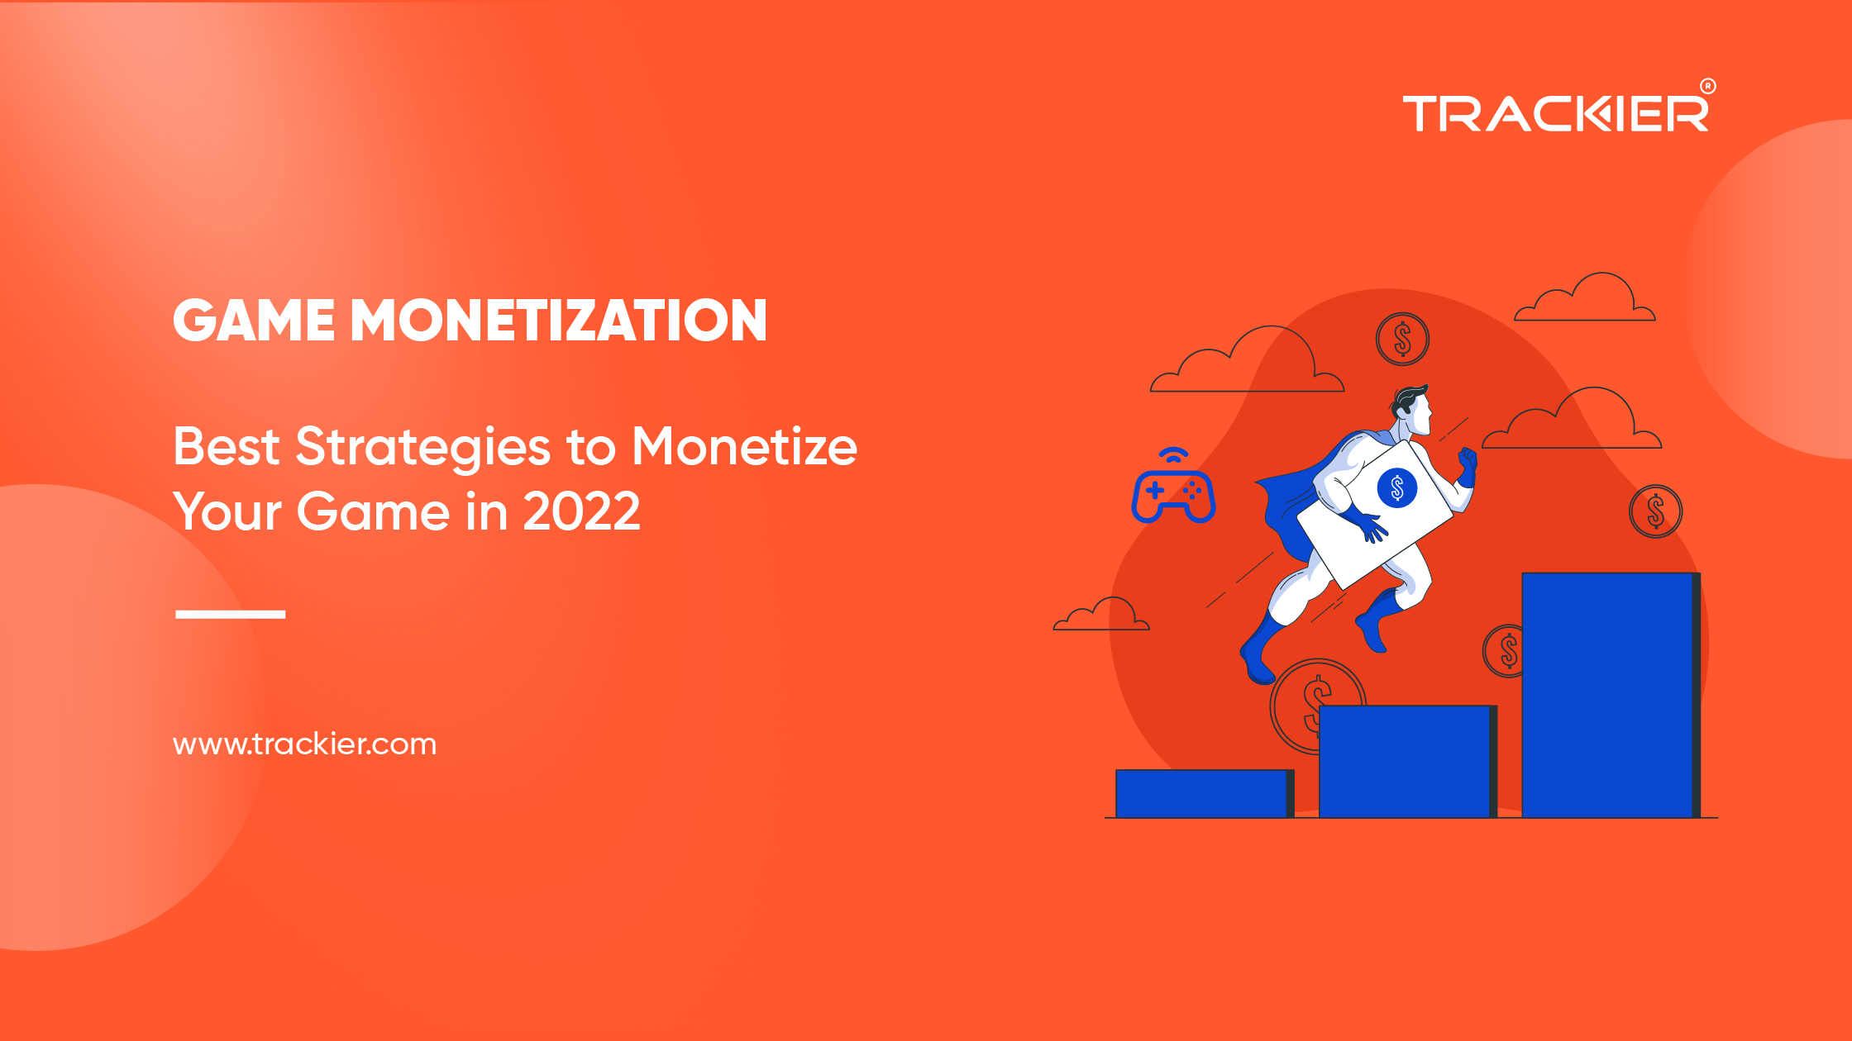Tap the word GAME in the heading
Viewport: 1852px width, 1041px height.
(x=254, y=321)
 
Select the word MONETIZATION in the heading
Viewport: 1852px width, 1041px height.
(x=559, y=321)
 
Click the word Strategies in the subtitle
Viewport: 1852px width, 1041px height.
(x=422, y=449)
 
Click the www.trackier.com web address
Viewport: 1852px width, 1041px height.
(x=304, y=744)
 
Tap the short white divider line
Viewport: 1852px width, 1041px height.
(x=231, y=614)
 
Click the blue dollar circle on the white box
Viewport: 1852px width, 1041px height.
(x=1397, y=487)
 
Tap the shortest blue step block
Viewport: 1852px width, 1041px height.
(x=1205, y=794)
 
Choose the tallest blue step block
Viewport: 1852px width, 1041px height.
(x=1611, y=695)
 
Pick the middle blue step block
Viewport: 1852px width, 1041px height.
(x=1408, y=761)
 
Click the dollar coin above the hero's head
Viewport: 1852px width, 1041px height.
(x=1402, y=339)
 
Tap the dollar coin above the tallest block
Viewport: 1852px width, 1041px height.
(x=1655, y=511)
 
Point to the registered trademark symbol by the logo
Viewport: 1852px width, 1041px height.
(x=1708, y=86)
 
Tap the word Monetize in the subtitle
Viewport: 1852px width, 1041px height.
(x=744, y=447)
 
